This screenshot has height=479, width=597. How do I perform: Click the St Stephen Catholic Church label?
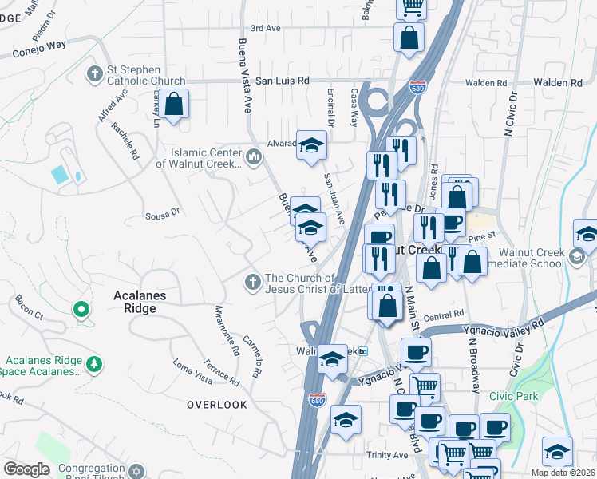coord(147,75)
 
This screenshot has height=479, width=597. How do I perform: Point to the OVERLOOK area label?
coord(217,405)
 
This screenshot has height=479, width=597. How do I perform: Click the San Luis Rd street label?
coord(282,81)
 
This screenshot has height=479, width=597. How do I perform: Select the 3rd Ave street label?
coord(266,28)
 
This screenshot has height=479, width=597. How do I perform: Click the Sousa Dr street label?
coord(164,213)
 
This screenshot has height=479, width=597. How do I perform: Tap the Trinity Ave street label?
coord(388,455)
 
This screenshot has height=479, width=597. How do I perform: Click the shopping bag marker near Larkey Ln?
coord(173,105)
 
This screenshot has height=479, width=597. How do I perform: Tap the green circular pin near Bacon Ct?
coord(80,309)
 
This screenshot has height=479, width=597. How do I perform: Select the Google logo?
coord(27,469)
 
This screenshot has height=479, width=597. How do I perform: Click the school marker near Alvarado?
coord(312,146)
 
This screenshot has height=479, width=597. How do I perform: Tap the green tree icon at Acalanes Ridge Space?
coord(95,365)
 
